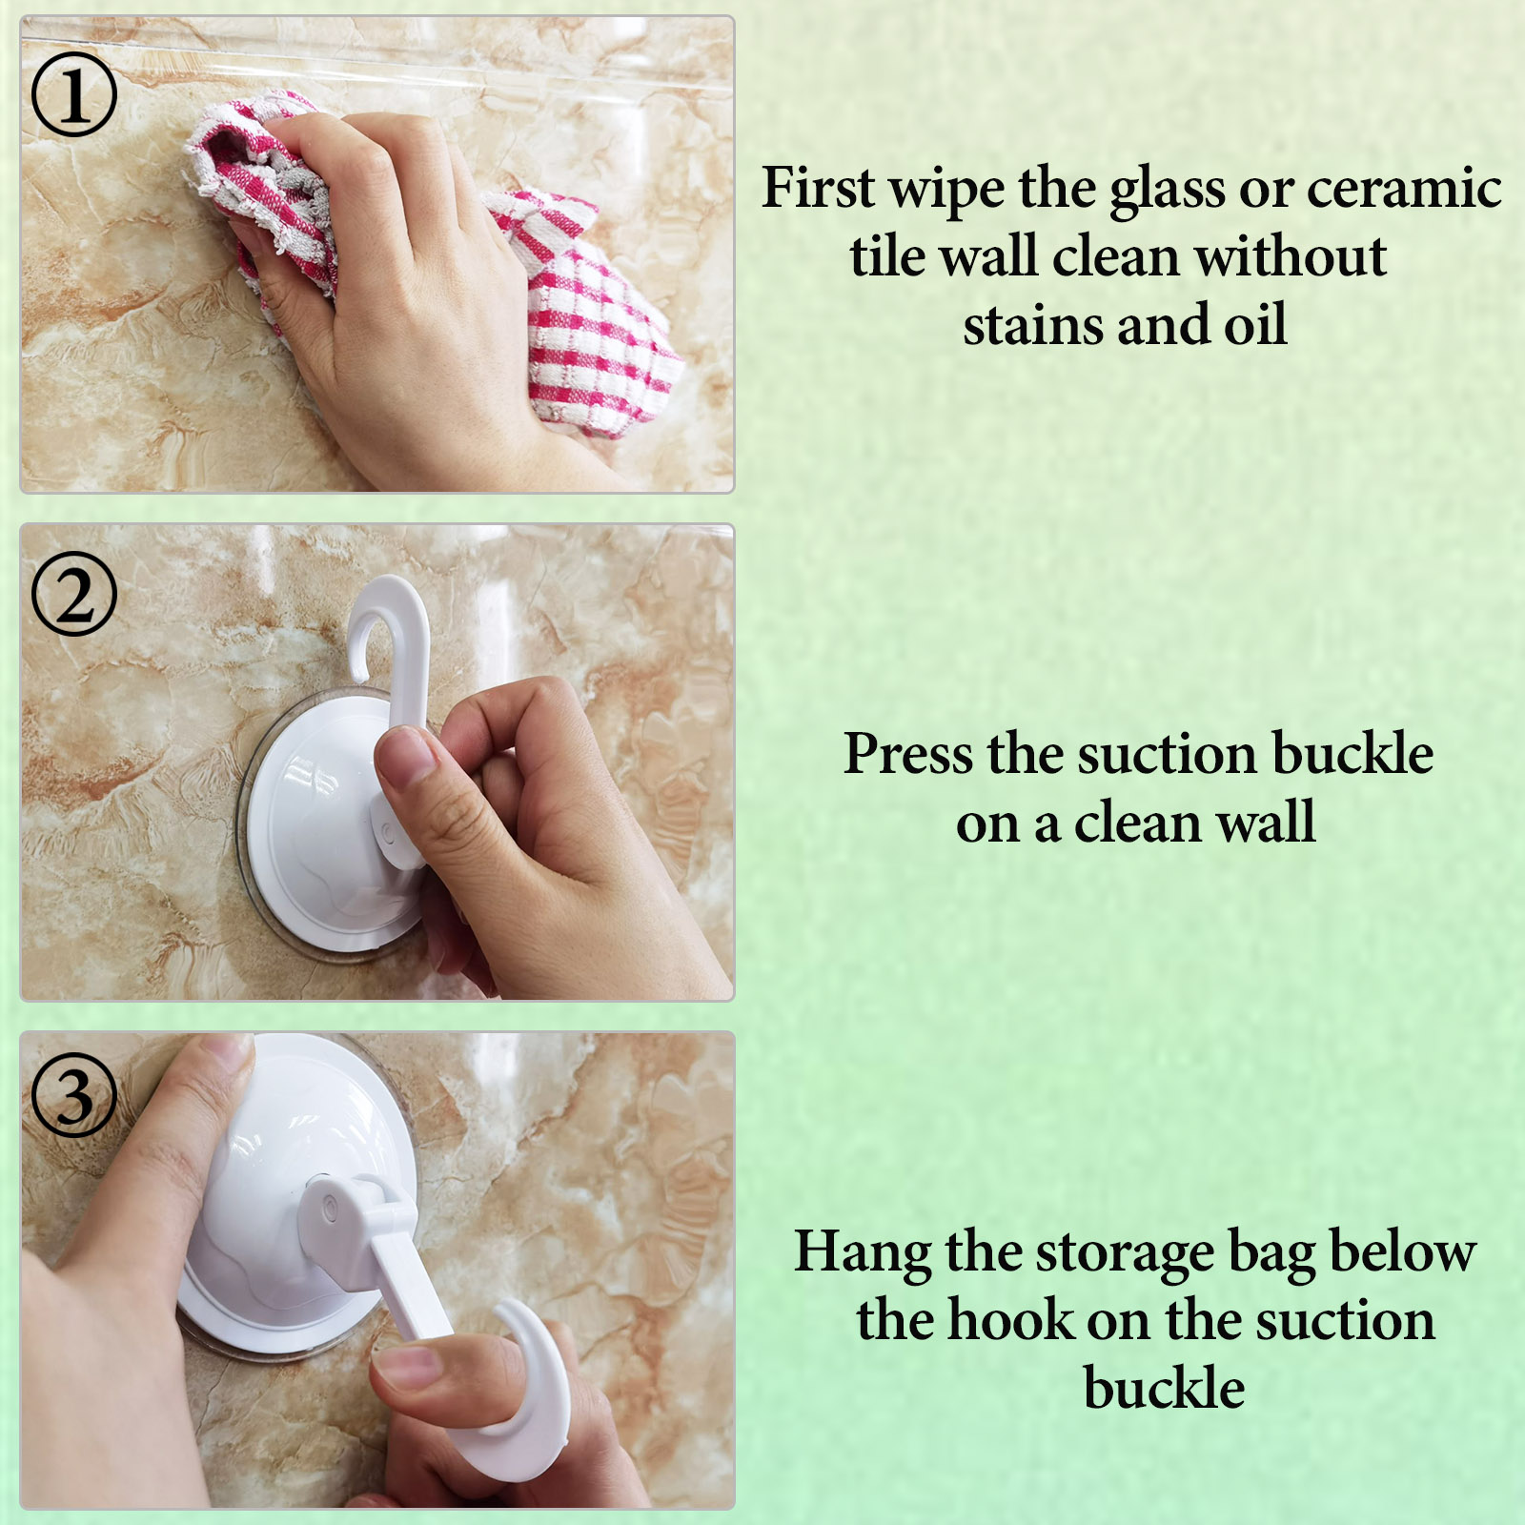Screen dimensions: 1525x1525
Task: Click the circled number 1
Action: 74,94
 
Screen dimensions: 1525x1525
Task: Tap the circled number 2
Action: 74,594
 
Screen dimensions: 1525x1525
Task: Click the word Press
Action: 908,754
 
